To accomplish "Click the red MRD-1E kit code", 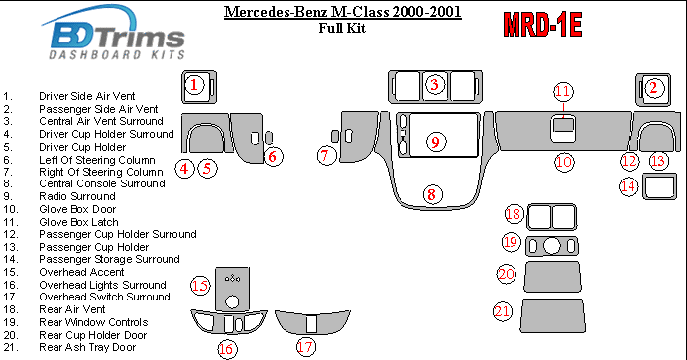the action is pos(542,24).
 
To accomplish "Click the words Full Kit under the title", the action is pos(342,28).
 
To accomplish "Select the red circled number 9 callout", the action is pos(435,142).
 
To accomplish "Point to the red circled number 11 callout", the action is pos(563,91).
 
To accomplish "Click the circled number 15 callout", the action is pos(200,286).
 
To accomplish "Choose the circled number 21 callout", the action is pos(502,311).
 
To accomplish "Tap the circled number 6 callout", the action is pos(273,156).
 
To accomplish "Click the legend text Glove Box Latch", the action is pos(78,222).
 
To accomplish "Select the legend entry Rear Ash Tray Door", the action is pos(87,347).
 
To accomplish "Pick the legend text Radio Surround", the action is pos(77,196).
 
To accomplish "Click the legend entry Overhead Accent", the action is pos(81,272).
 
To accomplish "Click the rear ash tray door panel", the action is pos(553,315).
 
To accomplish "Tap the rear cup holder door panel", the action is pos(552,277).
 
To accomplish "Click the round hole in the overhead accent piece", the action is pos(231,301).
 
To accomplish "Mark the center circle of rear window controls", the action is pos(551,246).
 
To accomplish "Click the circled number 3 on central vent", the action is pos(434,84).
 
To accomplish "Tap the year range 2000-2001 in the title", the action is pos(426,11).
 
